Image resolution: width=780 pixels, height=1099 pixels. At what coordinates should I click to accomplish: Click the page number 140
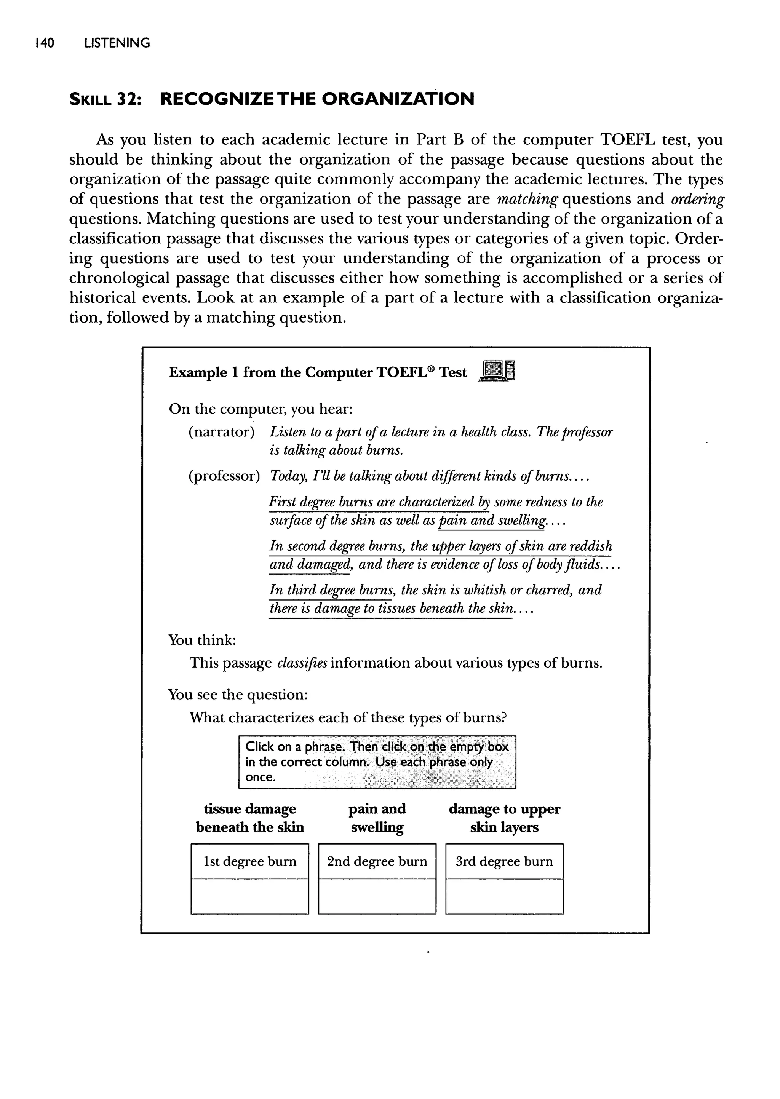pos(45,43)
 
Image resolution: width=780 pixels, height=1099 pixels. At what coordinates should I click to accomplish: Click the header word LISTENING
pos(117,43)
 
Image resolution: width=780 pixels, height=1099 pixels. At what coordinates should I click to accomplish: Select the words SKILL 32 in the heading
pos(105,99)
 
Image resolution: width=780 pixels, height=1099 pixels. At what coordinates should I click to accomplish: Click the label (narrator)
pos(221,432)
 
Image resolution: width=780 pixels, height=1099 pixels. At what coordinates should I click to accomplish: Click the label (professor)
pos(224,476)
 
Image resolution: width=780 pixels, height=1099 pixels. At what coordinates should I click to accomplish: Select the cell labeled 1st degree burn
pos(250,861)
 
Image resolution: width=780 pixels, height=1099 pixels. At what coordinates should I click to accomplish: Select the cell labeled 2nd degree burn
pos(377,861)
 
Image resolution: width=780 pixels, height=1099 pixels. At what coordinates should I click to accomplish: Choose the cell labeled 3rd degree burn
pos(504,861)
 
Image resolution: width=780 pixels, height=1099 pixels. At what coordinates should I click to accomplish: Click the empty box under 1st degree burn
pos(250,896)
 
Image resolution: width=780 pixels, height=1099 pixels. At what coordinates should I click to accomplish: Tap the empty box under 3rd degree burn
pos(504,896)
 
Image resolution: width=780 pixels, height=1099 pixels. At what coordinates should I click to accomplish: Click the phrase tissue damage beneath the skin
pos(250,818)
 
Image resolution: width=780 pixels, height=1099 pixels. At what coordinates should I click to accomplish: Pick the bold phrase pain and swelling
pos(377,818)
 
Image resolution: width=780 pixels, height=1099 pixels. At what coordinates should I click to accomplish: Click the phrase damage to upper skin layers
pos(504,818)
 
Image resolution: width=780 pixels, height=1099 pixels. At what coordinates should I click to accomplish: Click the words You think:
pos(202,640)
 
